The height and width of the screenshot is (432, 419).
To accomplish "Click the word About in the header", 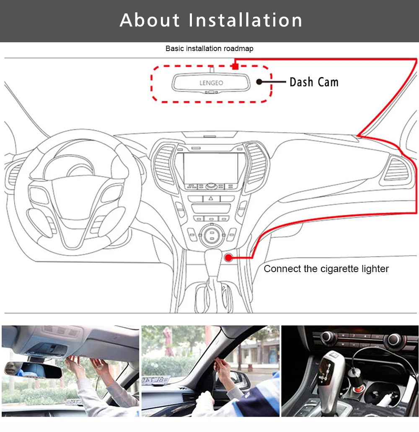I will tap(150, 21).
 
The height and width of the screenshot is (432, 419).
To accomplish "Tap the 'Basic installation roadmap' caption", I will tap(209, 49).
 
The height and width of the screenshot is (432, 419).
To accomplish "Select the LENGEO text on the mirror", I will tap(211, 83).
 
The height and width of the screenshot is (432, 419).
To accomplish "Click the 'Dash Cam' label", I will tap(314, 82).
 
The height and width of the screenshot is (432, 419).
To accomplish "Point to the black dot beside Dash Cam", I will tap(259, 82).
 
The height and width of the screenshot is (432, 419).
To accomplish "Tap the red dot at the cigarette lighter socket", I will tap(229, 257).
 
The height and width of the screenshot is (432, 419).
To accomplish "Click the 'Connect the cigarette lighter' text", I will tap(326, 269).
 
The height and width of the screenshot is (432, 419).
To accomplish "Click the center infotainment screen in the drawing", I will tap(211, 167).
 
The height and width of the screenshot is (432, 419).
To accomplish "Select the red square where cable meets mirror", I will tap(235, 66).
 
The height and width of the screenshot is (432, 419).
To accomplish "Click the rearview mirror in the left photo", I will tap(34, 369).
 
